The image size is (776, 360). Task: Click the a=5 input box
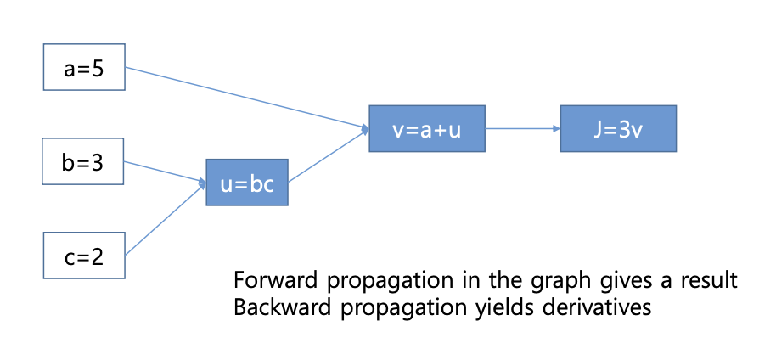pyautogui.click(x=84, y=67)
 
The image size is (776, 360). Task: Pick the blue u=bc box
pyautogui.click(x=247, y=183)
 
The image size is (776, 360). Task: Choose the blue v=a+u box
pyautogui.click(x=426, y=129)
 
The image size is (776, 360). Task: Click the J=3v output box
pyautogui.click(x=618, y=129)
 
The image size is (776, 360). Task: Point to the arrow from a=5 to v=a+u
pyautogui.click(x=246, y=98)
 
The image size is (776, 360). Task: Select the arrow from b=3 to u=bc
pyautogui.click(x=166, y=171)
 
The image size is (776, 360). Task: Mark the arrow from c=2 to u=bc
pyautogui.click(x=166, y=218)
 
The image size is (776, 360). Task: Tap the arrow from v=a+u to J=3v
pyautogui.click(x=522, y=129)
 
